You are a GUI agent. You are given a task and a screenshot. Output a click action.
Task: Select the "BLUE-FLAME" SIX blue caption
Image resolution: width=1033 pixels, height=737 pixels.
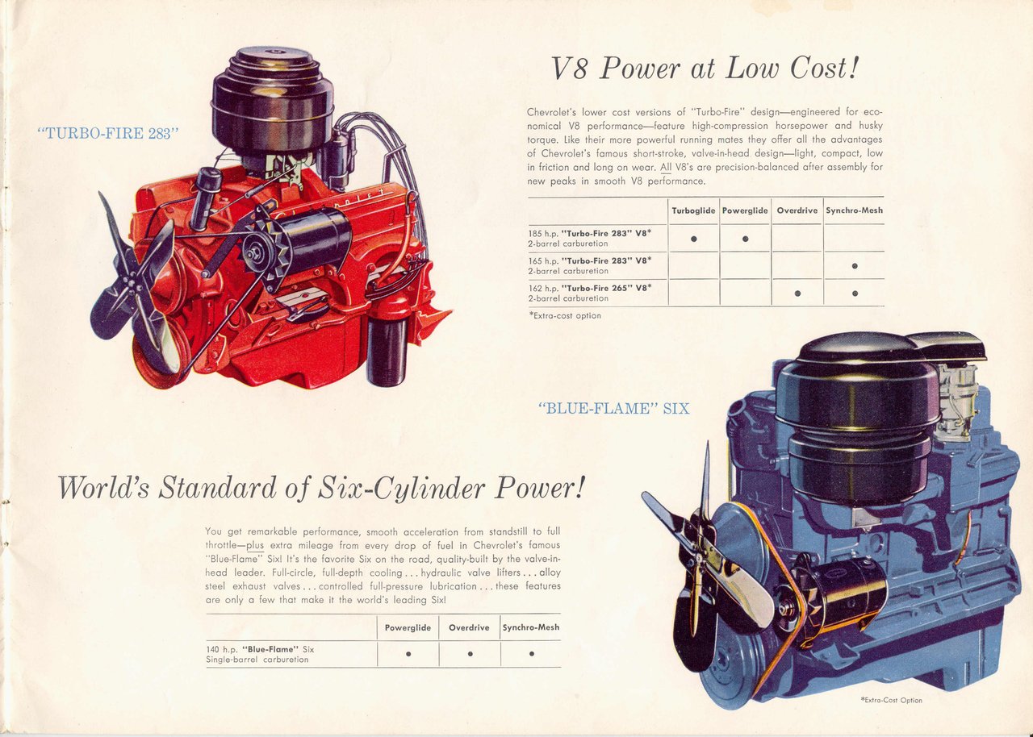coord(613,409)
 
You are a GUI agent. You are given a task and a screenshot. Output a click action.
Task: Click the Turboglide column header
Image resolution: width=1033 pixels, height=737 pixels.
coord(693,210)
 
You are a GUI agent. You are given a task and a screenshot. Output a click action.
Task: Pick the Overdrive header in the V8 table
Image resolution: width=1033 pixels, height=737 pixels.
coord(797,210)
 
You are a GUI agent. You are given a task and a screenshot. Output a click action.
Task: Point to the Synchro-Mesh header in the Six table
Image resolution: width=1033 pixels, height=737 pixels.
coord(530,627)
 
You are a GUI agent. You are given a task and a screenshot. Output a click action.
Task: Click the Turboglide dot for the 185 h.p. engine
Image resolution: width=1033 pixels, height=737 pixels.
coord(693,239)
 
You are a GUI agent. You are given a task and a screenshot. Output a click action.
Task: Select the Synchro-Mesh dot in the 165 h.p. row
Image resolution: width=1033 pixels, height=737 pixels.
coord(854,266)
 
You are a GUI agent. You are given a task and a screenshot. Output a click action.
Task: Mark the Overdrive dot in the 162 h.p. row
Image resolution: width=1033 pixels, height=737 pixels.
coord(797,293)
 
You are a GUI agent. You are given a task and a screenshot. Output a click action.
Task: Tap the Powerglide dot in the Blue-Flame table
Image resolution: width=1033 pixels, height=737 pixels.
coord(408,654)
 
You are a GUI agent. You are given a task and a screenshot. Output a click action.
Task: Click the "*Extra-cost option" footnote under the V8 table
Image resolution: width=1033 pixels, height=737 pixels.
coord(565,316)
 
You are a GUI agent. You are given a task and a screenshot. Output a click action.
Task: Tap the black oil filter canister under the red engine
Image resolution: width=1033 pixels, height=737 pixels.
coord(386,351)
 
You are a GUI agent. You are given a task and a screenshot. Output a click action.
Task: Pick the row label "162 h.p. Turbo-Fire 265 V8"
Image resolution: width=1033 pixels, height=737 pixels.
coord(590,292)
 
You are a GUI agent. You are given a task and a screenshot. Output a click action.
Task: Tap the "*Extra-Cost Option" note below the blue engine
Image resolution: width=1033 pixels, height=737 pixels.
coord(891,700)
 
